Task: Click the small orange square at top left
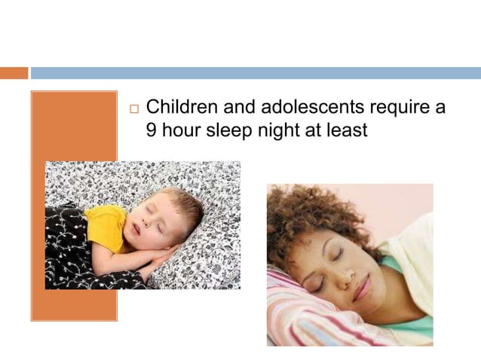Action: coord(14,73)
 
